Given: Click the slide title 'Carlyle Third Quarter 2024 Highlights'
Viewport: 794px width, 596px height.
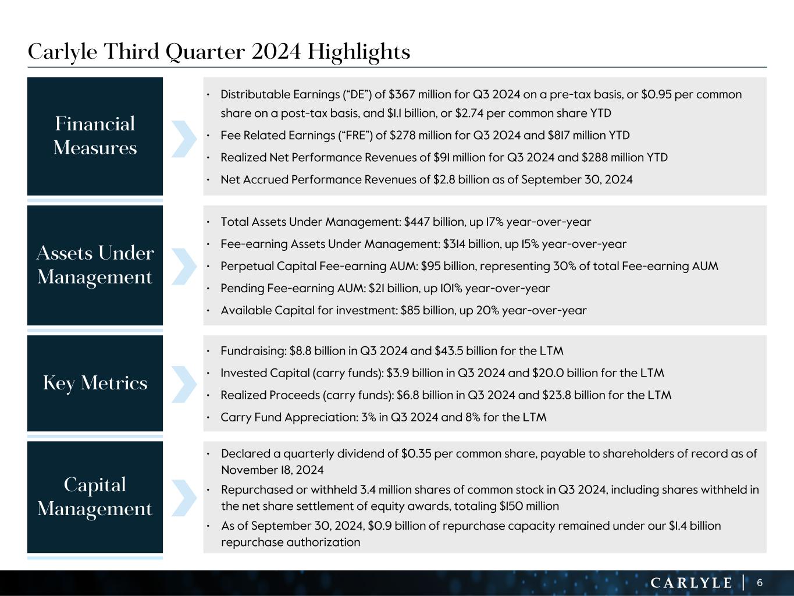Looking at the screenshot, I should tap(219, 52).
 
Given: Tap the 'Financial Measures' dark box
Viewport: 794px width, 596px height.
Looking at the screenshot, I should tap(95, 136).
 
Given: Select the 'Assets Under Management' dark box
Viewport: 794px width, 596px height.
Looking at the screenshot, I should tap(95, 265).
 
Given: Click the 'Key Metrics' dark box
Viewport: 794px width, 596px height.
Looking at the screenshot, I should tap(95, 383).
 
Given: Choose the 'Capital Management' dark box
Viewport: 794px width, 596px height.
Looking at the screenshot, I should tap(95, 496).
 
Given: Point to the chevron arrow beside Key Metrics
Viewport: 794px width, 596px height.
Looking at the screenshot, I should tap(184, 384).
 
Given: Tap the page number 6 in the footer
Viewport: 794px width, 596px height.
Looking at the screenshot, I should tap(760, 583).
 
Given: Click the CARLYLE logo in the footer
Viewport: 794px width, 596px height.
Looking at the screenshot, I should tap(691, 583).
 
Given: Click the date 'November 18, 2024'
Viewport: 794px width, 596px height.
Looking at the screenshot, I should tap(272, 470).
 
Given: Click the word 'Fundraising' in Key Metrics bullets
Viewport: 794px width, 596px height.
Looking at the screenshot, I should tap(252, 351).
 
